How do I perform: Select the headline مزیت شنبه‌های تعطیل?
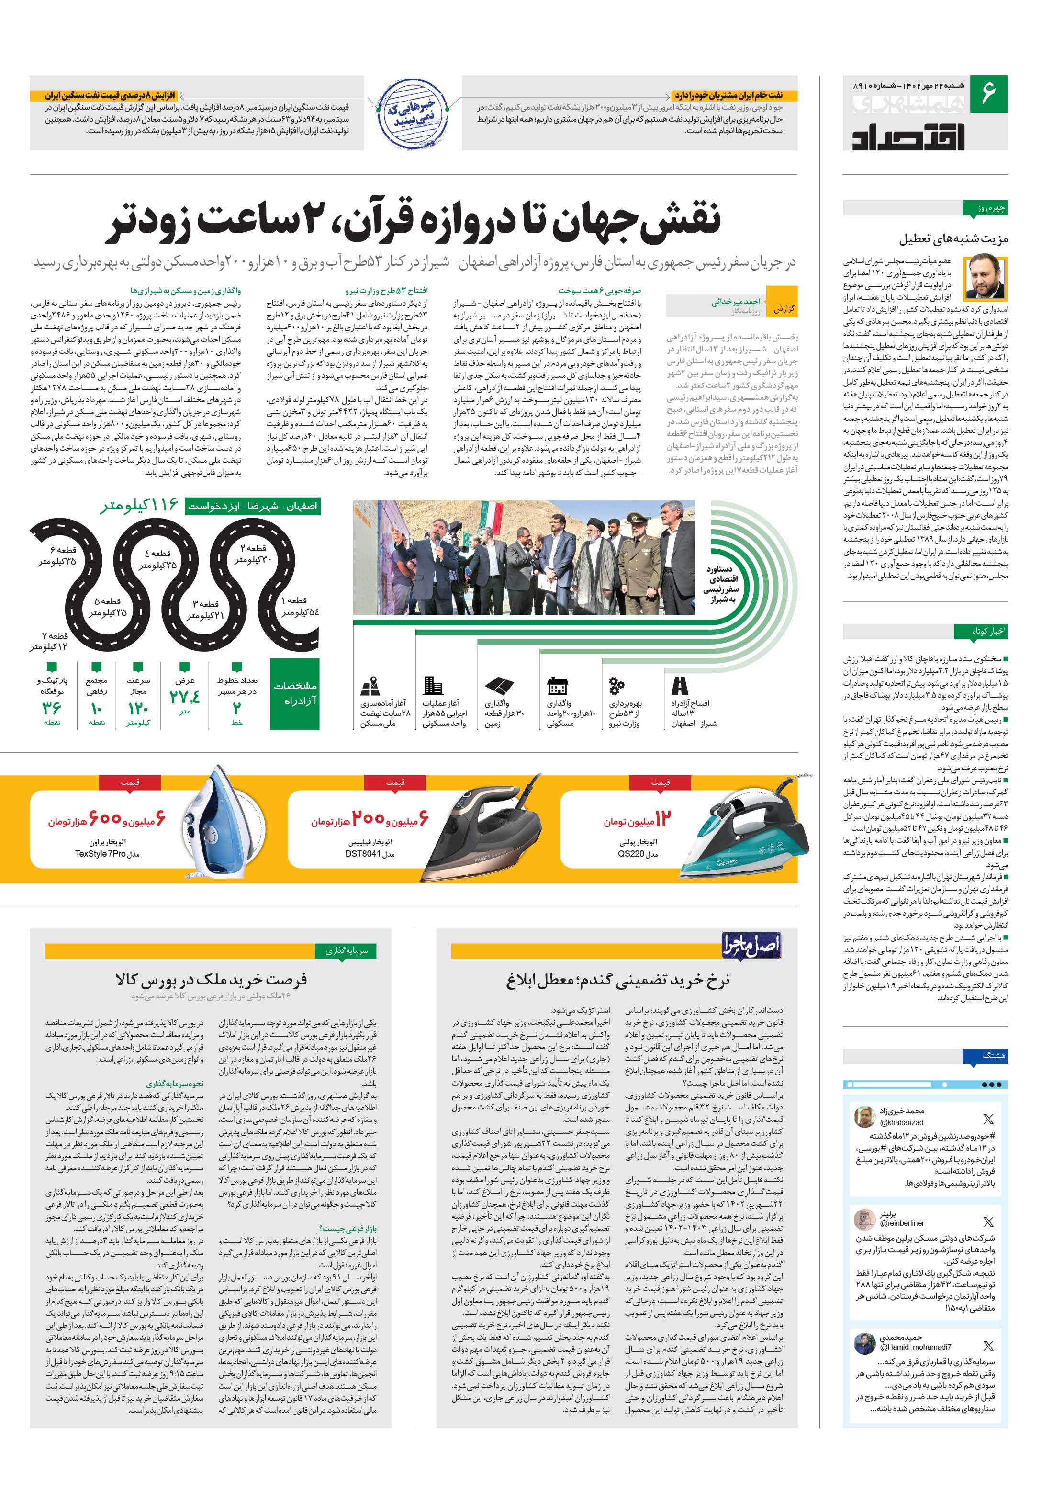[953, 238]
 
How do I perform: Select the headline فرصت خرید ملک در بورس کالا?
[210, 980]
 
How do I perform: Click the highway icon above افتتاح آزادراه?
[680, 686]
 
